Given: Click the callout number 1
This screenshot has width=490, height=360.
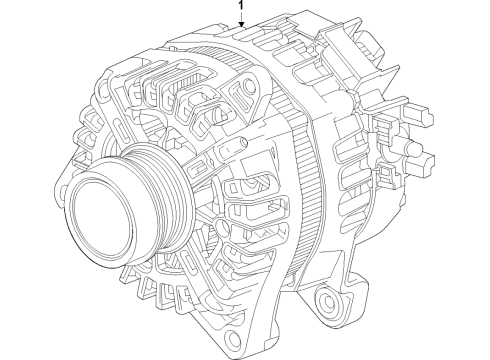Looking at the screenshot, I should coord(239,7).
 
